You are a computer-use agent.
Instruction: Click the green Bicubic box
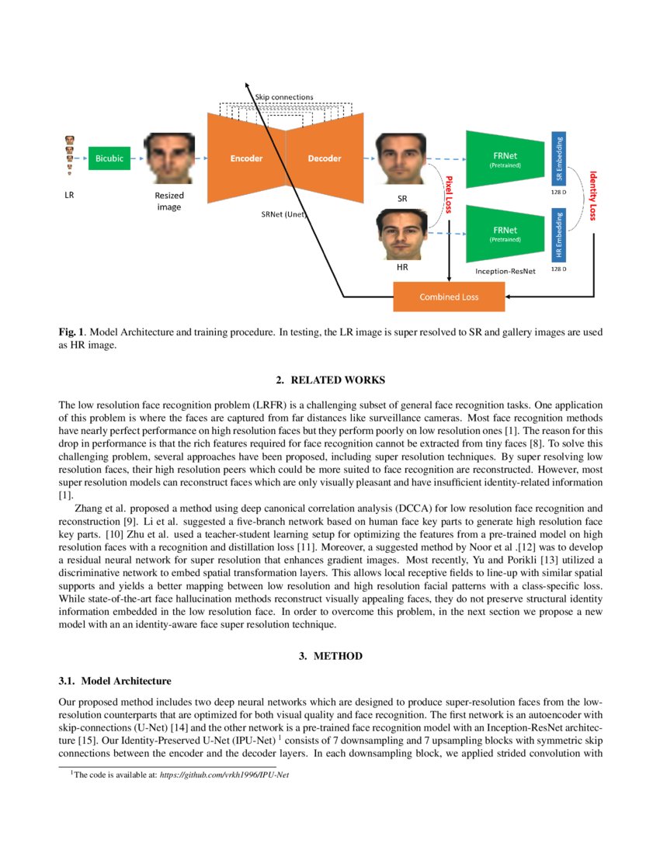point(109,158)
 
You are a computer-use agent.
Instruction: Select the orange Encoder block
point(246,158)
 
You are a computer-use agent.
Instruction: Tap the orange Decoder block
point(325,158)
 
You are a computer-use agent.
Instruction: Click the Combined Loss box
point(449,297)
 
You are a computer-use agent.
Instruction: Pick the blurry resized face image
point(169,158)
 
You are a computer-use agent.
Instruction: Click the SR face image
point(401,158)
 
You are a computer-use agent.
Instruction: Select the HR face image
point(401,234)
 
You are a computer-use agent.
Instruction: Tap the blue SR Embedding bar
point(559,158)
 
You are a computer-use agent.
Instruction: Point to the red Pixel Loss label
point(448,194)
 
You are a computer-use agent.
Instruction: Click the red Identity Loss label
point(593,196)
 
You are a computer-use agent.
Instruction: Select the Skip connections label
point(284,97)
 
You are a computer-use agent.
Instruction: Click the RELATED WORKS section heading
point(330,380)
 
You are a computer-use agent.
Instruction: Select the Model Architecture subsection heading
point(115,682)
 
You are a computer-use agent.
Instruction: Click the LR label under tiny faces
point(69,196)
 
